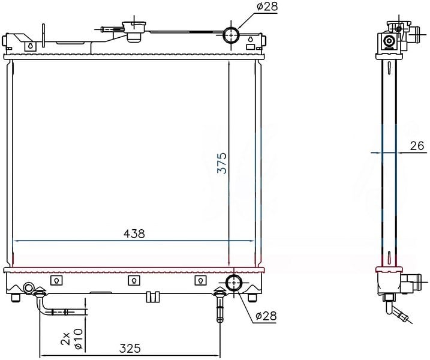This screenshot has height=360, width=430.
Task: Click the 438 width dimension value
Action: point(134,234)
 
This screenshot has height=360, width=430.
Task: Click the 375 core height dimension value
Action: point(222,163)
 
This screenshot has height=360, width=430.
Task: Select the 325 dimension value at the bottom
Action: point(130,349)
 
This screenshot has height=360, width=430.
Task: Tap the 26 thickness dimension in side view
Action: point(417,146)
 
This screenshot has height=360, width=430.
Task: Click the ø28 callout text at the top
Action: point(267,7)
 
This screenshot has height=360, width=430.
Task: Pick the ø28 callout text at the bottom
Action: point(266,316)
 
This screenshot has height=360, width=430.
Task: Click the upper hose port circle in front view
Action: point(231,35)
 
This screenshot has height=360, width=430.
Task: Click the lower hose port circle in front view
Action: point(234,283)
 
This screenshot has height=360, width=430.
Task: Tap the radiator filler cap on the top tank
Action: point(134,31)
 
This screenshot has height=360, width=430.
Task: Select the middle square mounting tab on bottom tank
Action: point(134,280)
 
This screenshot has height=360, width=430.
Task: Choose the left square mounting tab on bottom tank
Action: point(56,280)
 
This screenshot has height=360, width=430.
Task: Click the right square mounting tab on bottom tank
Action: point(200,280)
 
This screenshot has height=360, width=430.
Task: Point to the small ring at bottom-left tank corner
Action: point(28,288)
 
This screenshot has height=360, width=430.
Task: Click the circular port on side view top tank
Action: point(389,41)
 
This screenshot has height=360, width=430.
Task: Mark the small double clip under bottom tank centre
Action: point(153,296)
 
